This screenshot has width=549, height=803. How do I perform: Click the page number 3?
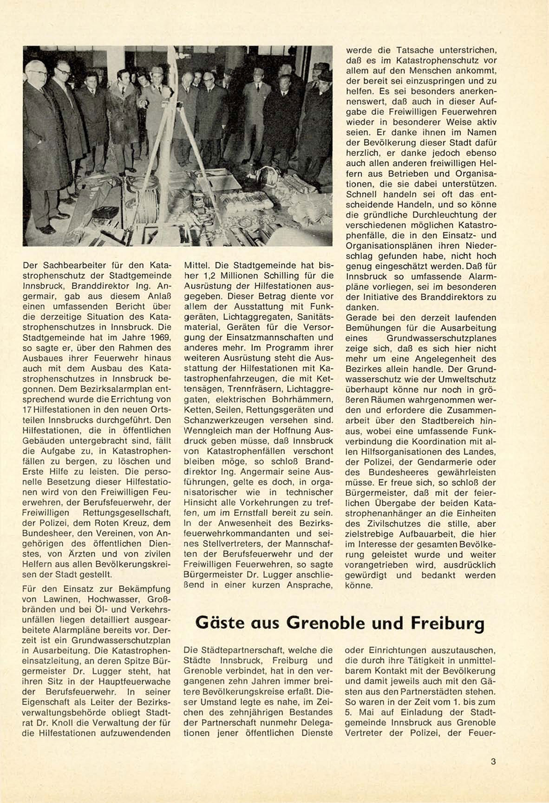pyautogui.click(x=493, y=762)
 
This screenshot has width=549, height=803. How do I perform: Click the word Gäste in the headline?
pyautogui.click(x=220, y=622)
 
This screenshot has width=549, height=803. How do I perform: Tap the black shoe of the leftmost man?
pyautogui.click(x=46, y=229)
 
